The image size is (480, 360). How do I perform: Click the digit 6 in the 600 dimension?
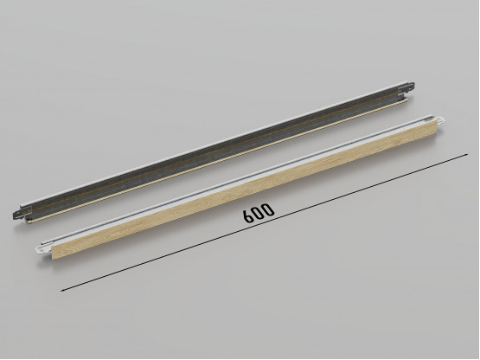pyautogui.click(x=248, y=216)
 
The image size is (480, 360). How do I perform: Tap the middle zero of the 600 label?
pyautogui.click(x=258, y=212)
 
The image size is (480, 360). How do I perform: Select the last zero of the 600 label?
pyautogui.click(x=268, y=209)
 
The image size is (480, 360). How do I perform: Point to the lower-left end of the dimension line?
pyautogui.click(x=61, y=291)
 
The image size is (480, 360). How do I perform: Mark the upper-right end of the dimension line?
pyautogui.click(x=468, y=154)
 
